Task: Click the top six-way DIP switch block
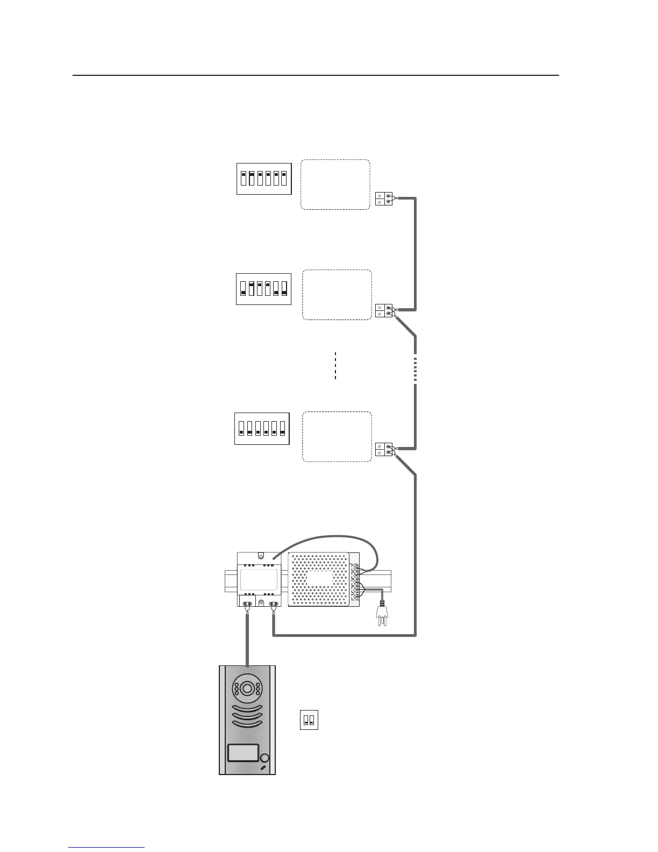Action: coord(263,178)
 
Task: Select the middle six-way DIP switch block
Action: coord(263,289)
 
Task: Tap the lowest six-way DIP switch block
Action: coord(262,429)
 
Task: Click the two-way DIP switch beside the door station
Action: coord(309,720)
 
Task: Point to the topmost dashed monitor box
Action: coord(335,184)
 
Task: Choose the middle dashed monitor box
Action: coord(337,295)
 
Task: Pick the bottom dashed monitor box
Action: coord(337,436)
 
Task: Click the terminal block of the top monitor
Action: coord(384,199)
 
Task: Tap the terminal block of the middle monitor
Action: coord(384,310)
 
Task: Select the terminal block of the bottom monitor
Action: coord(384,449)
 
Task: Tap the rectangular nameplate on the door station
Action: coord(243,752)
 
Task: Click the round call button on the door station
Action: coord(264,758)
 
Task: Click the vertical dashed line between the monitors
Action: coord(335,366)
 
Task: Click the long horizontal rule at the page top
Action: coord(316,75)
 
